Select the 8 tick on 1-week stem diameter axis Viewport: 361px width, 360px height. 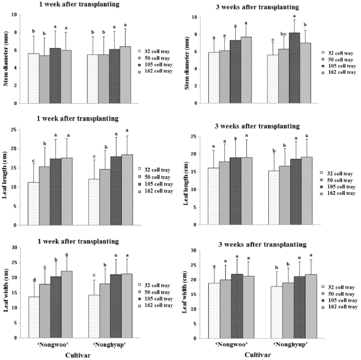(x=20, y=32)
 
